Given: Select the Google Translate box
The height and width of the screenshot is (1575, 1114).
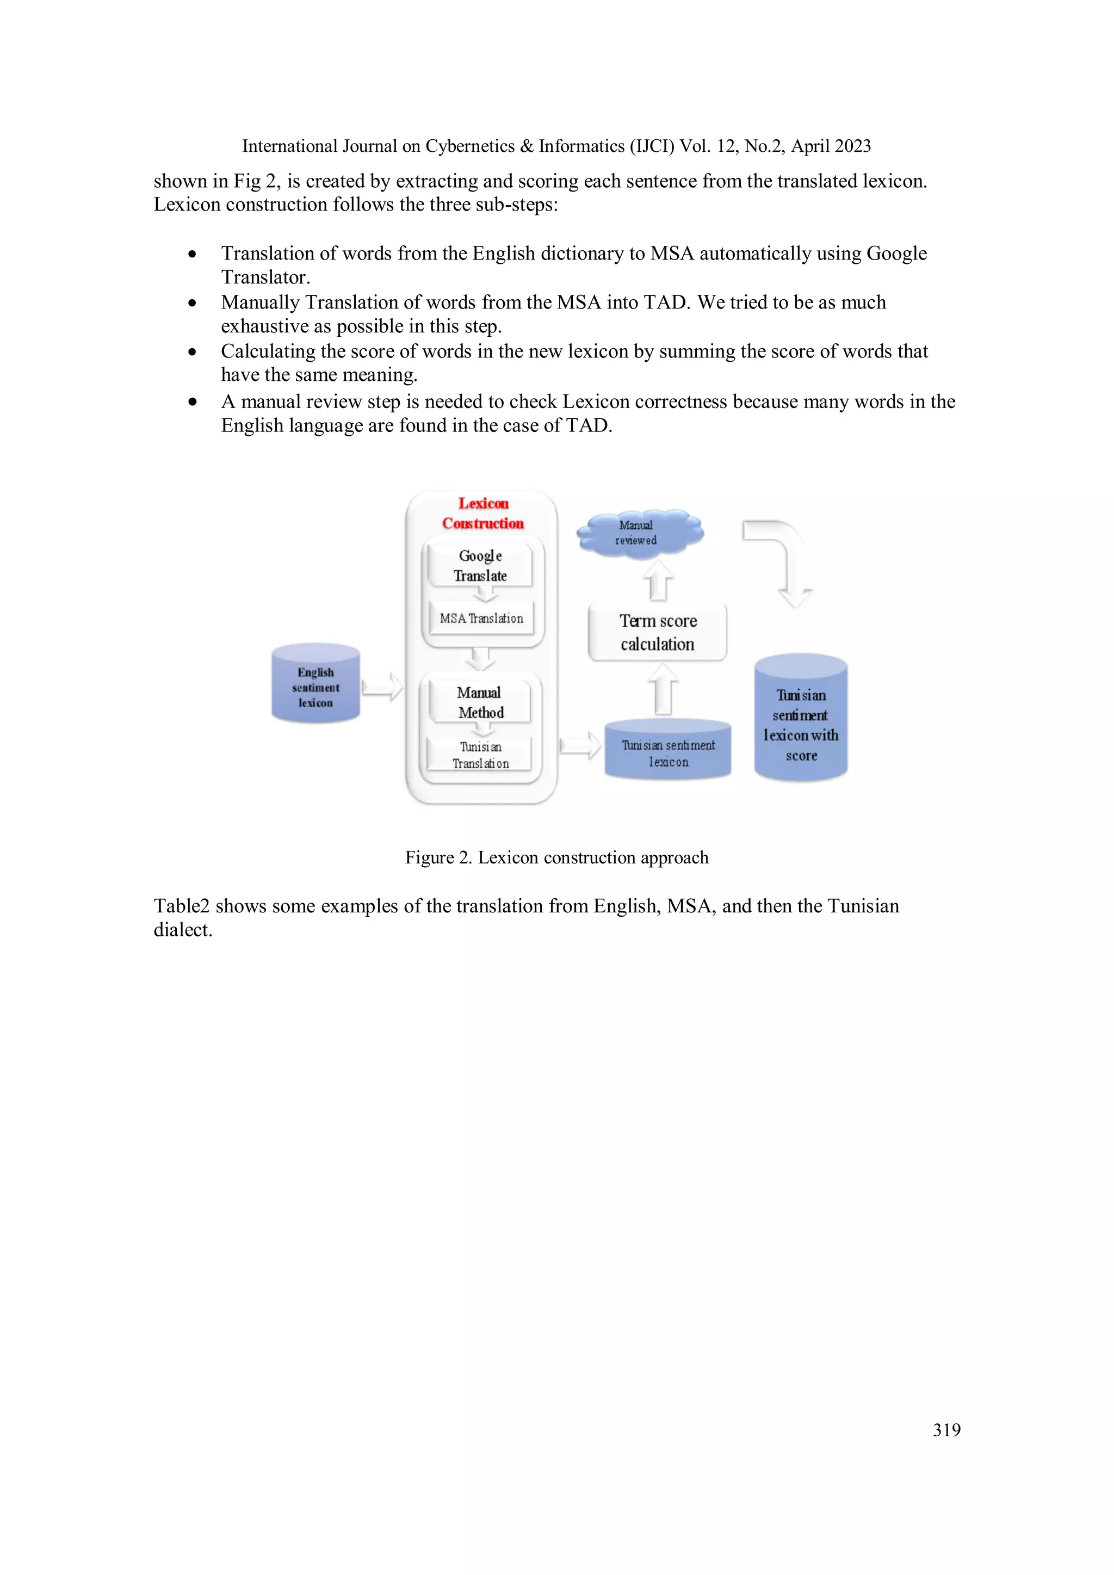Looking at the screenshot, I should pos(480,566).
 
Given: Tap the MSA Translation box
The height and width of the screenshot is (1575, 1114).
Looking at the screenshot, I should pos(481,618).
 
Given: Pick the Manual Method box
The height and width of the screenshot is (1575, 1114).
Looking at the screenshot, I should pos(480,702).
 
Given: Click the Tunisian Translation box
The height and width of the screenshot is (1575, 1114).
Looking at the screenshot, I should pos(480,755).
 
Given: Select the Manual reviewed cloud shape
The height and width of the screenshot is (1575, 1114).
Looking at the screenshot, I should pos(638,532).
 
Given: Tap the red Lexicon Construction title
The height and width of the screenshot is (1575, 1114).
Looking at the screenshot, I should pos(483,513).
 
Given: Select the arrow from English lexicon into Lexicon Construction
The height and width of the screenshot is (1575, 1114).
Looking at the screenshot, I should pos(381,687).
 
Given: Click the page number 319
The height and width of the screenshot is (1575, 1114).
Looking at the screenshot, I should pos(946,1430).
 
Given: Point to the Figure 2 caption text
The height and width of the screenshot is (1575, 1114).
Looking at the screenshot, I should pos(556,857).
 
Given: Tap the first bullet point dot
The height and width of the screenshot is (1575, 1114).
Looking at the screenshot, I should pos(193,255).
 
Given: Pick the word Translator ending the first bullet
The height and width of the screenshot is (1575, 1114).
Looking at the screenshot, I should pos(264,277).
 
